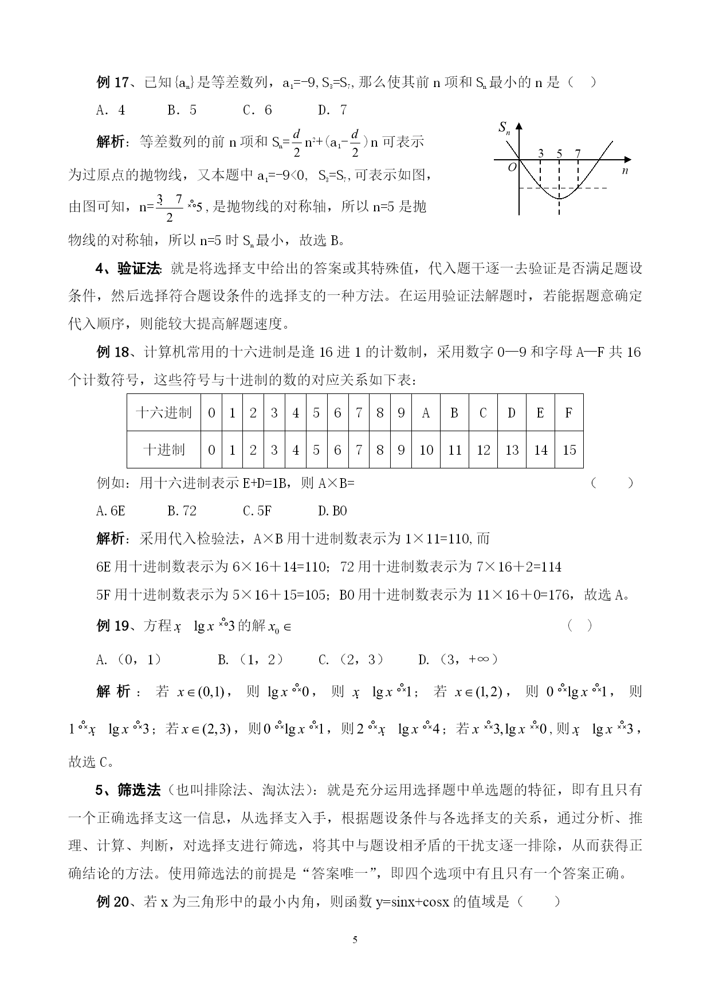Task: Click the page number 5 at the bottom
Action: (x=355, y=940)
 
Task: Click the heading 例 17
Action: (x=112, y=82)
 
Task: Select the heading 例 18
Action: (x=112, y=352)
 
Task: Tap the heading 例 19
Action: (x=112, y=626)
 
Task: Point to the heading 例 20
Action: (x=112, y=902)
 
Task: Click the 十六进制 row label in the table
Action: (x=164, y=412)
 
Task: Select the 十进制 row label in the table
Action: (x=164, y=450)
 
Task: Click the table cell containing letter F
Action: (x=568, y=412)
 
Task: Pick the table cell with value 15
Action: (x=569, y=450)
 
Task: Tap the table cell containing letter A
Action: (x=426, y=412)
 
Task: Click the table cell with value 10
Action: (x=426, y=450)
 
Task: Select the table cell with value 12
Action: (x=483, y=450)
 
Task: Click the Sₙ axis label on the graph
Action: (x=504, y=128)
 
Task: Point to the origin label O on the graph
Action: (x=512, y=167)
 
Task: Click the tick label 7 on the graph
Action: (x=578, y=153)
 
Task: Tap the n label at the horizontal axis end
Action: (x=625, y=170)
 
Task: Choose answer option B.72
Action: (x=182, y=511)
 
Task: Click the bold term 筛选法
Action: (x=139, y=791)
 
